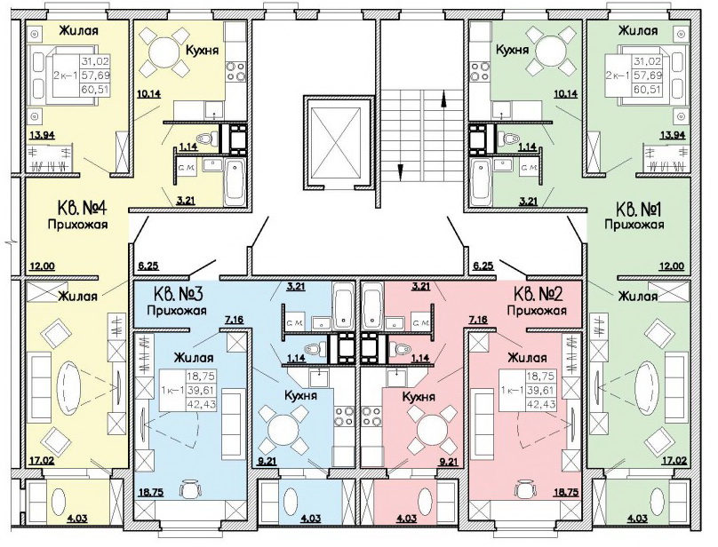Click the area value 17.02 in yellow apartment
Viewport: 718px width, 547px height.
[x=40, y=462]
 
